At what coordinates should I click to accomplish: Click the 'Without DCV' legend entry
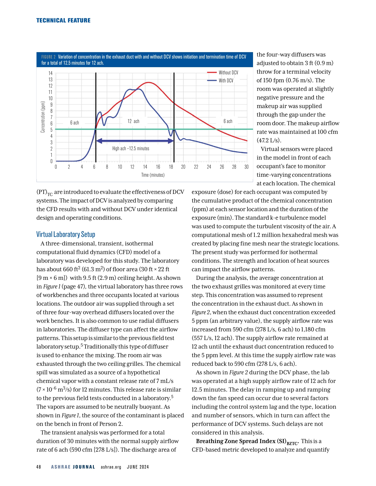tap(228, 72)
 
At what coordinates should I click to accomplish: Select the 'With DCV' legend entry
tap(226, 80)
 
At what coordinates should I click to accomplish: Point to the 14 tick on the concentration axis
tap(51, 73)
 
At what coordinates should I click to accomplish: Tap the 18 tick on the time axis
tap(171, 167)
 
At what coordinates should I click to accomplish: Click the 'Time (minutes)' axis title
tap(153, 175)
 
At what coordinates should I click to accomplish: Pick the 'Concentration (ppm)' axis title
tap(43, 117)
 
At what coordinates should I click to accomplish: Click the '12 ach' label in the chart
tap(133, 121)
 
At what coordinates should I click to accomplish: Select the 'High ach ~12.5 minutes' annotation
tap(131, 148)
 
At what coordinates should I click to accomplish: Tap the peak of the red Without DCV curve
tap(148, 82)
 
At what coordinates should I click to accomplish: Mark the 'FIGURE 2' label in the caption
tap(48, 57)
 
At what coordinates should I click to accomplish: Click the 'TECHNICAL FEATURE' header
tap(63, 20)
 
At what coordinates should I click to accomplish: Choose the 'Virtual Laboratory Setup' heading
tap(66, 234)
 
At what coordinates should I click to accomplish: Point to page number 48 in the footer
tap(39, 467)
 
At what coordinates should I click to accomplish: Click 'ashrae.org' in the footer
tap(111, 467)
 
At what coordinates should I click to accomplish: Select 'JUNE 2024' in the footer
tap(138, 467)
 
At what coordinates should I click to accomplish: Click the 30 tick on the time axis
tap(247, 167)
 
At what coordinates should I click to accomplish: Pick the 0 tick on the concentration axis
tap(51, 161)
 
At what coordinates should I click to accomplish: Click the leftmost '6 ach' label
tap(75, 123)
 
